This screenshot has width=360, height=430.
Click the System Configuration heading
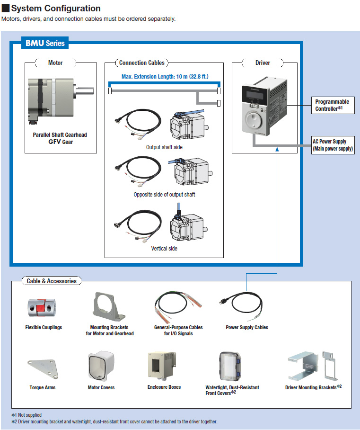click(x=56, y=9)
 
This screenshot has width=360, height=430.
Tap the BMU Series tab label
click(x=45, y=43)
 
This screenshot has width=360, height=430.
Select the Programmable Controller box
click(x=332, y=105)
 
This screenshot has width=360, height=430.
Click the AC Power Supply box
click(x=333, y=145)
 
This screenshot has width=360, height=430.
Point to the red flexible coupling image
click(x=43, y=307)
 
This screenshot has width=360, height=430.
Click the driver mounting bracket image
click(x=312, y=367)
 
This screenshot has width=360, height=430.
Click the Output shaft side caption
click(x=164, y=147)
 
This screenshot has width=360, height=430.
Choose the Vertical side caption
click(x=164, y=248)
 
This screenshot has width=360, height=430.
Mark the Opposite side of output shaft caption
click(x=164, y=195)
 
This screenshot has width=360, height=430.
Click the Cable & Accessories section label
click(x=51, y=281)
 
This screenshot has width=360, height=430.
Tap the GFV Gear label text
click(x=60, y=142)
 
